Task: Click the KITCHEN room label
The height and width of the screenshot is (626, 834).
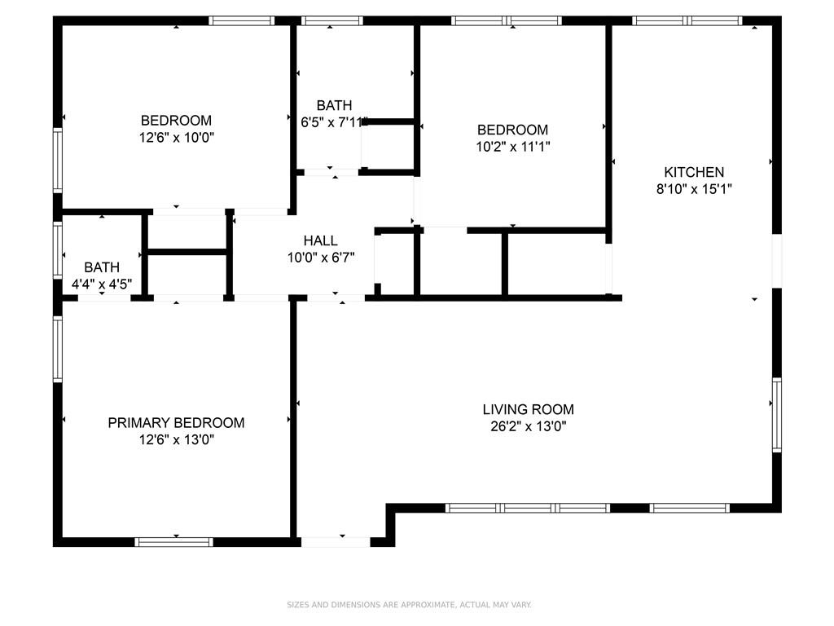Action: (694, 172)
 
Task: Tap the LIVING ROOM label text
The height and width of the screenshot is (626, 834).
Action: (528, 409)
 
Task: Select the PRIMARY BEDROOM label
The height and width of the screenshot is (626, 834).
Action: (176, 423)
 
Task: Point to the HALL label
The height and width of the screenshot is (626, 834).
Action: (320, 240)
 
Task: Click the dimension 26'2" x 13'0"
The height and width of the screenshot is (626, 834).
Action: (528, 425)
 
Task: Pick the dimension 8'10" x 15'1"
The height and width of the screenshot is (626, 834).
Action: (694, 188)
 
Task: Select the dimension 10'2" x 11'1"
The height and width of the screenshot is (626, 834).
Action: (513, 146)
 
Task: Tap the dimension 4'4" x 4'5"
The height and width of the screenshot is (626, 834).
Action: (102, 284)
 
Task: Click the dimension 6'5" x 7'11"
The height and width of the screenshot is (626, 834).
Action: (334, 122)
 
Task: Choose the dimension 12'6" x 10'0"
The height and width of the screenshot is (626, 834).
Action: (176, 137)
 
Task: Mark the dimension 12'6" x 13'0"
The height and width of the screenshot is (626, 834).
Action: (176, 439)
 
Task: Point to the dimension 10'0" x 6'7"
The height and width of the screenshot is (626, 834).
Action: (321, 258)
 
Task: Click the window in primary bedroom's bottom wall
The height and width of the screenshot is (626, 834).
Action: (173, 542)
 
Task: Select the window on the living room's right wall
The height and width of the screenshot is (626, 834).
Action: (776, 415)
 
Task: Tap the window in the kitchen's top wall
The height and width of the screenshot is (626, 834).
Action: (687, 20)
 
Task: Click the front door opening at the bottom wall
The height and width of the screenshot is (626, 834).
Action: (336, 542)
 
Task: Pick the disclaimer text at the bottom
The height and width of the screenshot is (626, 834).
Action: (409, 605)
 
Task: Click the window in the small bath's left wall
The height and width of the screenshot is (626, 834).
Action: (58, 250)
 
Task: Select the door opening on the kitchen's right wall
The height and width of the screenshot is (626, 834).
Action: (776, 261)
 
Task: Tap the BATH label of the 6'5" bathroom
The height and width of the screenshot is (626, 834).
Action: (334, 105)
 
